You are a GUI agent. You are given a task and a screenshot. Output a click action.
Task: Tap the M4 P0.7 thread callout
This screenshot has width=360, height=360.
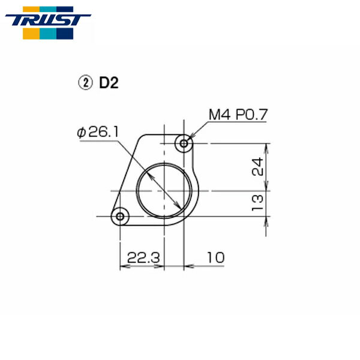click(x=237, y=114)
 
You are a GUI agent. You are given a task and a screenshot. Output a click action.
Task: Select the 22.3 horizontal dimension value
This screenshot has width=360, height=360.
click(x=143, y=257)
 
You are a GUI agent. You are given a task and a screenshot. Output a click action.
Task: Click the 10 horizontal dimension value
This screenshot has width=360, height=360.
click(x=216, y=257)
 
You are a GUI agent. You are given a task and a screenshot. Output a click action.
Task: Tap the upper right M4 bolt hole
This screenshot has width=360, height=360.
click(x=184, y=143)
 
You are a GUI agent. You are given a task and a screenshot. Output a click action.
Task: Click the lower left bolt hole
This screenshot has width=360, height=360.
click(x=121, y=215)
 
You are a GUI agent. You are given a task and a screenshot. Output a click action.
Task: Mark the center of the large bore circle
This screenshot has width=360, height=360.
click(x=166, y=191)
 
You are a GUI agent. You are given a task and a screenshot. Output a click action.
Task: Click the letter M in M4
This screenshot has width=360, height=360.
click(x=214, y=114)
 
